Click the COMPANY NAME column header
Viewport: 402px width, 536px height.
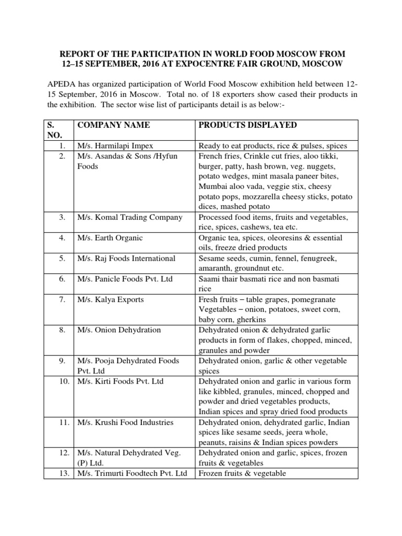point(114,125)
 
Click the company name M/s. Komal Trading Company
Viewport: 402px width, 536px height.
point(129,217)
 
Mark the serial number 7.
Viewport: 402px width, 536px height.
point(62,300)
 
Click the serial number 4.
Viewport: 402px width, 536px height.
point(62,238)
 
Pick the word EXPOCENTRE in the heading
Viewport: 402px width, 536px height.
point(206,64)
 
